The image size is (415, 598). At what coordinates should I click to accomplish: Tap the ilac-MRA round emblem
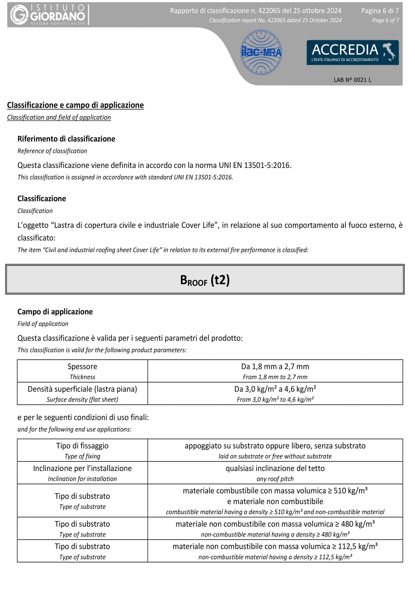click(x=261, y=53)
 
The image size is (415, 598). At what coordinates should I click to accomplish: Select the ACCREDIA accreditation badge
click(x=352, y=53)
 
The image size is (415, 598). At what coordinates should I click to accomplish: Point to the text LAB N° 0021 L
click(x=352, y=80)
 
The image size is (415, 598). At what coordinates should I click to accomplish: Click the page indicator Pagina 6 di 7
click(x=380, y=11)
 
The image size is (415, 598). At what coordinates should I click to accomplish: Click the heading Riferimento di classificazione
click(x=66, y=139)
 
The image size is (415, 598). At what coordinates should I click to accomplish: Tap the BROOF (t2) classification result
click(x=205, y=280)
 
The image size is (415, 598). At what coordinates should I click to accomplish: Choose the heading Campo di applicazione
click(x=55, y=312)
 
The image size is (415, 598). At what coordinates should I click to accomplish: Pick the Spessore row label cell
click(x=82, y=367)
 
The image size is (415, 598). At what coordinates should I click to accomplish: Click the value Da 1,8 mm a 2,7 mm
click(x=275, y=367)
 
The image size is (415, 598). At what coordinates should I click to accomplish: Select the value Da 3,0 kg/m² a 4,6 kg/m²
click(x=275, y=389)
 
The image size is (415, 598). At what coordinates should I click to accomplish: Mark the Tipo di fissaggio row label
click(x=82, y=446)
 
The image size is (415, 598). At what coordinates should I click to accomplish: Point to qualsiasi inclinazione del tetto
click(x=275, y=468)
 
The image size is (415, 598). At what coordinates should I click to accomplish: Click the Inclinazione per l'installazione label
click(x=82, y=468)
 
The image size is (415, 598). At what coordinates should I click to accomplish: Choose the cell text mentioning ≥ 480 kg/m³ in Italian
click(x=275, y=524)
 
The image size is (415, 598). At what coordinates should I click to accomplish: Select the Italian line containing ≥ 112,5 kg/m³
click(x=275, y=546)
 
